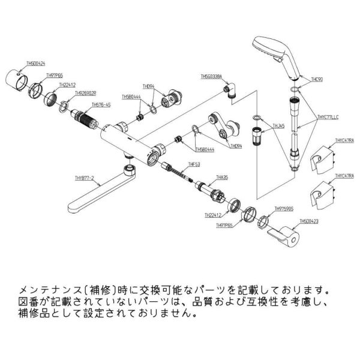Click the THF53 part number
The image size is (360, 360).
(193, 163)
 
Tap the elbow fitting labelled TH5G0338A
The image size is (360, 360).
(233, 91)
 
